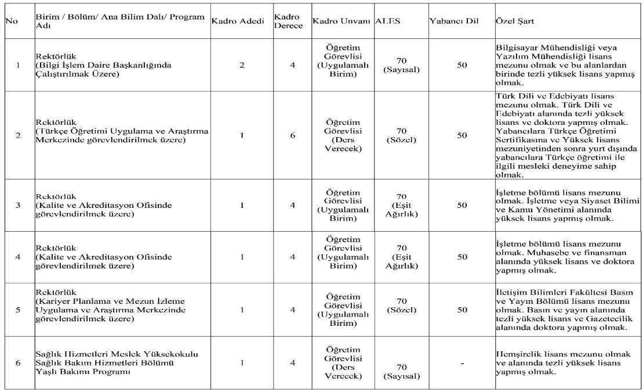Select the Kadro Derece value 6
pos(293,135)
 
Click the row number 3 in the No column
pos(18,206)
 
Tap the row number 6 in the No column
pos(18,362)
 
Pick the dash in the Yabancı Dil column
pos(462,362)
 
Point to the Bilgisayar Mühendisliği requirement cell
pos(558,66)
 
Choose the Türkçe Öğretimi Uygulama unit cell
pos(122,135)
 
